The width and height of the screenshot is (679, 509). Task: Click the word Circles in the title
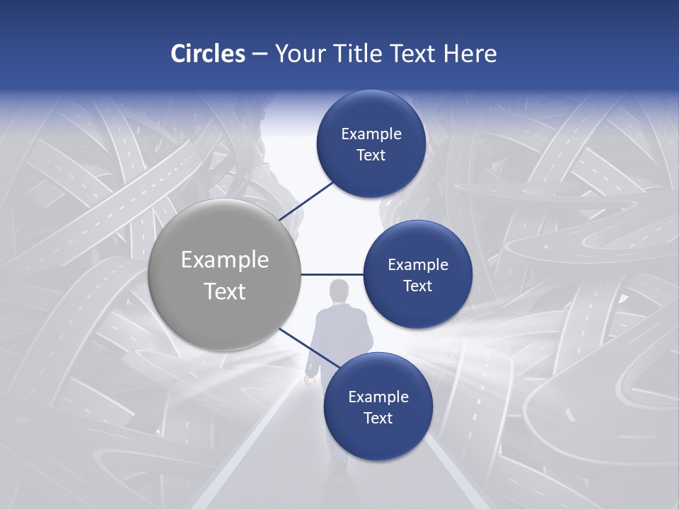click(x=208, y=54)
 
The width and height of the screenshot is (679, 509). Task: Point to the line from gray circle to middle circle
click(x=332, y=274)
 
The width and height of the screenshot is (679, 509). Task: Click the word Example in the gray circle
click(x=225, y=260)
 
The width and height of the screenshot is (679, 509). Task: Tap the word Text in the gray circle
click(x=225, y=291)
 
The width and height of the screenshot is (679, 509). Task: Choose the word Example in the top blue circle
click(x=371, y=134)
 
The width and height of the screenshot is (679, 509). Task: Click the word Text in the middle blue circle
click(x=417, y=286)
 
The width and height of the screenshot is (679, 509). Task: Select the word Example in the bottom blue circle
click(x=378, y=397)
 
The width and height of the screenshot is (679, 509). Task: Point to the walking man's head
click(x=339, y=290)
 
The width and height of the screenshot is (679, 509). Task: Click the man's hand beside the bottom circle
click(x=308, y=380)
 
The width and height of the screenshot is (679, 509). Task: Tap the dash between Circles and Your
click(x=259, y=54)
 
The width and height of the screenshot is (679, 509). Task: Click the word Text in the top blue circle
click(x=371, y=156)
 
